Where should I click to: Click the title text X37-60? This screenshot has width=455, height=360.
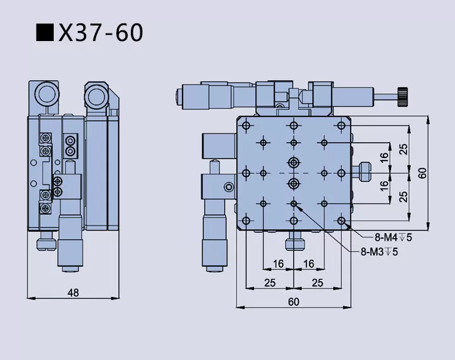100,32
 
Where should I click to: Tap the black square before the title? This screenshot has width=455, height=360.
44,32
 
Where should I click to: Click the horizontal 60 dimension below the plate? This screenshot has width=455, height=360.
293,301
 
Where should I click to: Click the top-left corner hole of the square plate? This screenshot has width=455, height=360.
246,125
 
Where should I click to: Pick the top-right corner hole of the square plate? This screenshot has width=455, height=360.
341,125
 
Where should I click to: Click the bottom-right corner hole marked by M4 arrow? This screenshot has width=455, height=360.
341,220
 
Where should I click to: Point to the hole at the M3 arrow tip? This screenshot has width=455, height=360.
294,203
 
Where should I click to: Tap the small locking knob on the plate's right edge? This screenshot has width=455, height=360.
364,171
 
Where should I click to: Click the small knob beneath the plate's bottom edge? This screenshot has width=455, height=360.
293,244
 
